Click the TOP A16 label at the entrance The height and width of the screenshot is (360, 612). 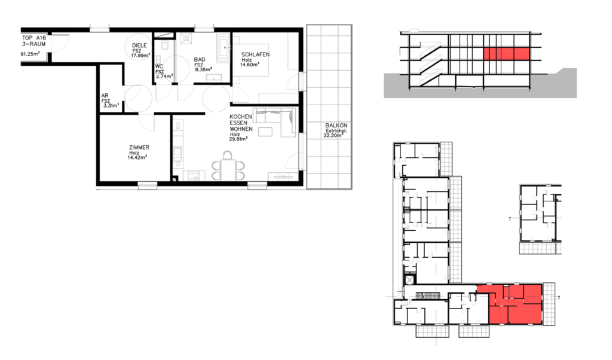tap(34, 38)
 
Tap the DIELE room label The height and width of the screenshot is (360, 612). tap(139, 45)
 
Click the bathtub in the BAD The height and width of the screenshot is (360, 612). tap(224, 48)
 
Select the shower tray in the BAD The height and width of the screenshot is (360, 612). tap(186, 39)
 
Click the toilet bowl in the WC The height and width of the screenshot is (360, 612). tap(164, 46)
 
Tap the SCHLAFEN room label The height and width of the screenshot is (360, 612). tap(255, 54)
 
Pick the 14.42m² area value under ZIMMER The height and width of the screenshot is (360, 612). tap(137, 158)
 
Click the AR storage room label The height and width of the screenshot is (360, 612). tap(105, 96)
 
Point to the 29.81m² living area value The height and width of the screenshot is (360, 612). tap(238, 139)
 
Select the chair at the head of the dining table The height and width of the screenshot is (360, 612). tap(228, 155)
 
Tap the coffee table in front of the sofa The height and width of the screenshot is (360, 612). tap(265, 132)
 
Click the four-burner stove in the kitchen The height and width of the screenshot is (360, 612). tap(194, 176)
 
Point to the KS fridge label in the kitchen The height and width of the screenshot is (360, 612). tap(178, 126)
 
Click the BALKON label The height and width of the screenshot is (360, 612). tap(336, 126)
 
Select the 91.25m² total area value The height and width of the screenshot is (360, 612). tap(30, 54)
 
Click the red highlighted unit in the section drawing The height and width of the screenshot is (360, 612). tap(507, 53)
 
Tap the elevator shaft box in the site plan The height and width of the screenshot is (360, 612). tap(409, 279)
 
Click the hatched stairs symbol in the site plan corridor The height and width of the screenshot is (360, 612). tap(425, 295)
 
